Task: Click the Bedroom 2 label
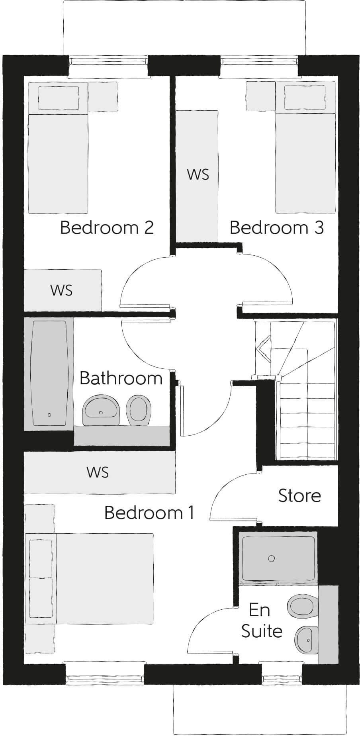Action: pos(107,227)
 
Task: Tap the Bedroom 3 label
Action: pos(276,227)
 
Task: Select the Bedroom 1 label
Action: pos(149,513)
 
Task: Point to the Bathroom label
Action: pos(121,378)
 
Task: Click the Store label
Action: pos(299,495)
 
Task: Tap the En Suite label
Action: pos(261,621)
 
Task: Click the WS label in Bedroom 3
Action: pos(198,174)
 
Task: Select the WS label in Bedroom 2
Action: pos(62,290)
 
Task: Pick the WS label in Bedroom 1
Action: pos(98,472)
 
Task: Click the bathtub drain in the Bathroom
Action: pos(49,415)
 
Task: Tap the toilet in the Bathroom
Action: pos(139,408)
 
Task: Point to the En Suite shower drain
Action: pos(272,558)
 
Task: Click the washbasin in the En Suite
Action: pos(306,639)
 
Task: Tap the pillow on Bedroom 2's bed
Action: pos(59,98)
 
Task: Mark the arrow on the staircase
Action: pos(264,349)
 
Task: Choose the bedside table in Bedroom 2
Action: pos(103,97)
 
